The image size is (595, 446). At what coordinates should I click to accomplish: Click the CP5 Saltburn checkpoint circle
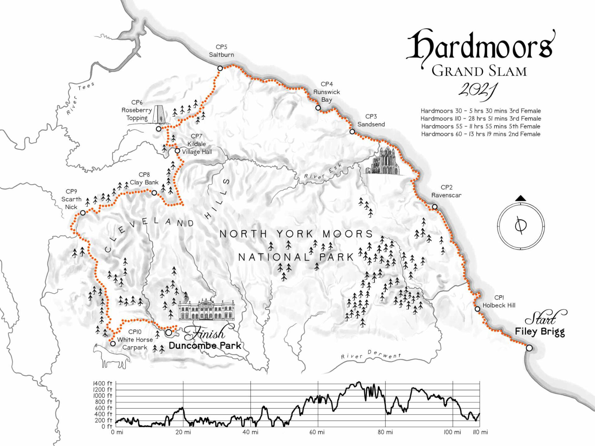pyautogui.click(x=220, y=68)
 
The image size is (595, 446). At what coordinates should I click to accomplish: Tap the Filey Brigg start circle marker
pyautogui.click(x=529, y=348)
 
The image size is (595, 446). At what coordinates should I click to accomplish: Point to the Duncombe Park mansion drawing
pyautogui.click(x=206, y=310)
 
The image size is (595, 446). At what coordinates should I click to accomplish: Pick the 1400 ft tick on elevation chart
pyautogui.click(x=103, y=383)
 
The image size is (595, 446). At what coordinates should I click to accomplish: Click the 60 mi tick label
pyautogui.click(x=317, y=432)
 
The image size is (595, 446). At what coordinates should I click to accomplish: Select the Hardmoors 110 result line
pyautogui.click(x=481, y=119)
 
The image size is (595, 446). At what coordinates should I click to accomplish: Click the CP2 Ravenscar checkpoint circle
pyautogui.click(x=435, y=207)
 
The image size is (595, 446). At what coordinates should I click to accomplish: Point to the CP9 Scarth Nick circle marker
pyautogui.click(x=83, y=213)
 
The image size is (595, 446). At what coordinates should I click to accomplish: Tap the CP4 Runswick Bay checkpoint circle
pyautogui.click(x=318, y=108)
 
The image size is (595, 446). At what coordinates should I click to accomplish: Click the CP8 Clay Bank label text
pyautogui.click(x=144, y=179)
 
